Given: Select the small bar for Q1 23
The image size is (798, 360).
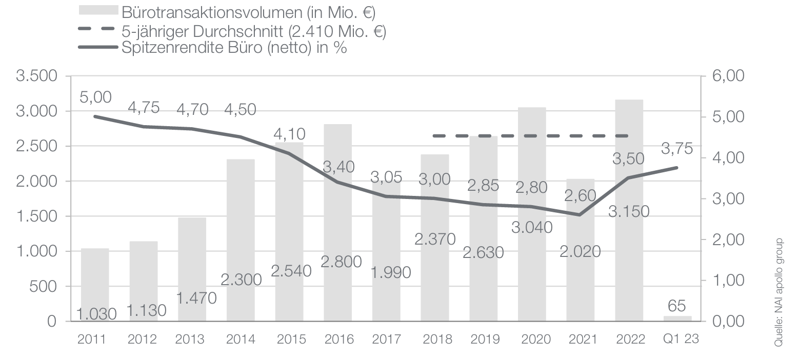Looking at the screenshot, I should coord(677,318).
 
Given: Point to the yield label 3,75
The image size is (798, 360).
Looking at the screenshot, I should coord(677,149).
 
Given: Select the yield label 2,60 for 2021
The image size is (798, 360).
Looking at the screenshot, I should coord(580,195).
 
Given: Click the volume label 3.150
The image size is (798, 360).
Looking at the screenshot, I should coord(629,211).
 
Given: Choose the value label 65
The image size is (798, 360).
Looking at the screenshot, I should coord(677,307).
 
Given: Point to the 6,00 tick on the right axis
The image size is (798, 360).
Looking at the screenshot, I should coord(727,76).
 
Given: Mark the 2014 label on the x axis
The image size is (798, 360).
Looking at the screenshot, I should coord(240,339).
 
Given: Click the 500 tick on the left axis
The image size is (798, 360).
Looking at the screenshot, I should coord(43,287).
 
